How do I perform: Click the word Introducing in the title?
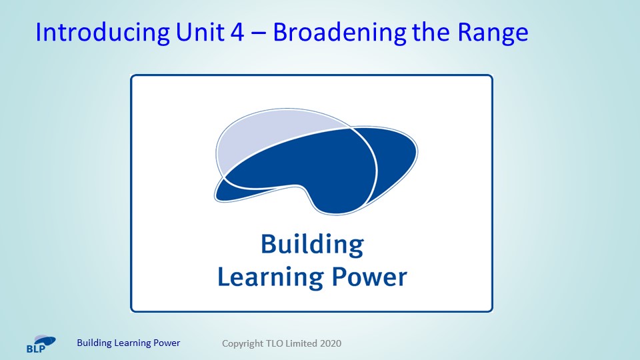(x=103, y=33)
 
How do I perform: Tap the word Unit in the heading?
(x=199, y=32)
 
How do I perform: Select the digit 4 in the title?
(x=237, y=32)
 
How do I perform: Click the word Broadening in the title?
(x=339, y=33)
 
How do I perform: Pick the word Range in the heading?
(x=493, y=33)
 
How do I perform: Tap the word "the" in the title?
(x=431, y=32)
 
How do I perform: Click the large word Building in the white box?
(x=312, y=245)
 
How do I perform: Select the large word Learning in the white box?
(x=271, y=277)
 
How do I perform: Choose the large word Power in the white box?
(x=369, y=277)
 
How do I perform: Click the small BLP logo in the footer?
(x=41, y=344)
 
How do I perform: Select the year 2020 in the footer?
(x=331, y=343)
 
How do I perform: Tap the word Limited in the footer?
(x=301, y=343)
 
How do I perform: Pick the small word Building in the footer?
(x=94, y=343)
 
